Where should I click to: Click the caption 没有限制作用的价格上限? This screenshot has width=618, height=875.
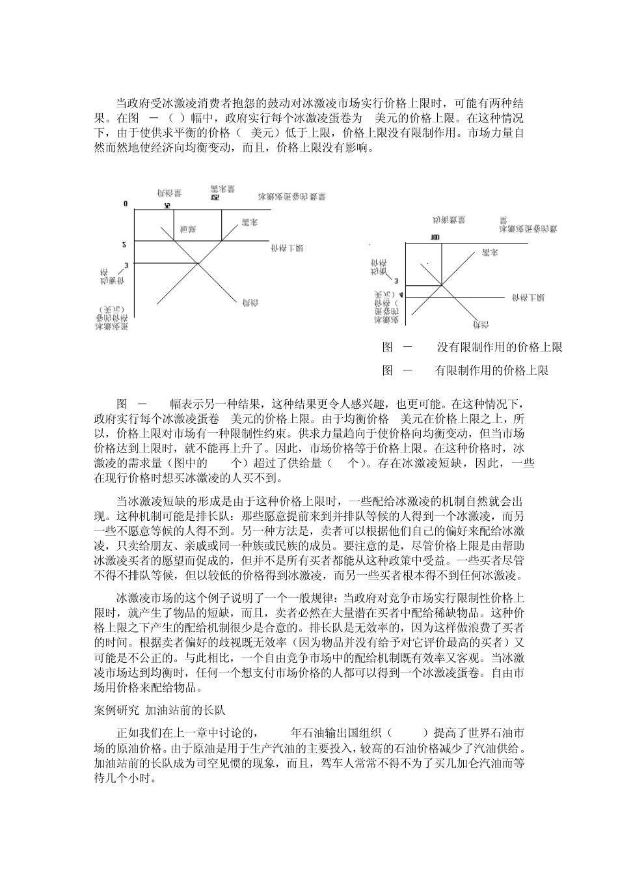pos(499,348)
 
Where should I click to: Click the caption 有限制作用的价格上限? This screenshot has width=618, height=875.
pos(492,371)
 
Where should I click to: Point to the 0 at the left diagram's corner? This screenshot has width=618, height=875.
pos(126,204)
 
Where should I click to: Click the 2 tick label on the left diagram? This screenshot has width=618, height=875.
pos(127,244)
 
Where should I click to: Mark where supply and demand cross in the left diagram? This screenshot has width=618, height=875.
pos(198,264)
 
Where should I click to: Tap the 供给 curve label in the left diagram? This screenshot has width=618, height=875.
pos(248,302)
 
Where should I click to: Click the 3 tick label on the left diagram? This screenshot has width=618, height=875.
pos(127,264)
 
